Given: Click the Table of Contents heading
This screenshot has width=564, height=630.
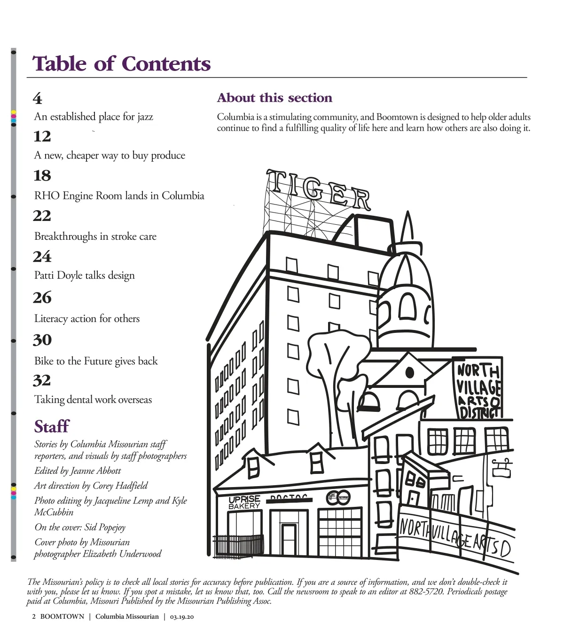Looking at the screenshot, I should [x=121, y=64].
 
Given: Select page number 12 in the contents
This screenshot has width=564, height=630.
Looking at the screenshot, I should [x=42, y=136].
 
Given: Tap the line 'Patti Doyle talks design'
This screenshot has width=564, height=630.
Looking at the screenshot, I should [x=85, y=275].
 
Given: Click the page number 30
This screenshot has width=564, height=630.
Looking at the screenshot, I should [x=42, y=340].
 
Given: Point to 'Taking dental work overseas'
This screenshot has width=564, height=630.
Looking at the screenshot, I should [x=93, y=400].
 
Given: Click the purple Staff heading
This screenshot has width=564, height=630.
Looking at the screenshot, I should [x=52, y=426].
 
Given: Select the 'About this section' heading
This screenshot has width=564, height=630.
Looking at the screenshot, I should [x=274, y=98].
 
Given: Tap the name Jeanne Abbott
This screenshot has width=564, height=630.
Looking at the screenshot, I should [x=96, y=471].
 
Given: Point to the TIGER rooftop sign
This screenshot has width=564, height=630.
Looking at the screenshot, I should [x=319, y=190].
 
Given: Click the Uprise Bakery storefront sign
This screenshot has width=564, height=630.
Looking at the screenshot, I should [x=244, y=503].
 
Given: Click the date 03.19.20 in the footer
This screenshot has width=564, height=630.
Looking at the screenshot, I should [x=182, y=617].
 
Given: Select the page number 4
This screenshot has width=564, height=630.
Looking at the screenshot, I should [x=38, y=98].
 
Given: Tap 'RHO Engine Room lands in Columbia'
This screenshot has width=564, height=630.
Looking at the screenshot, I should [x=119, y=196].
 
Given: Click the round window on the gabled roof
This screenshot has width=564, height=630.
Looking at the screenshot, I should [x=409, y=373].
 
